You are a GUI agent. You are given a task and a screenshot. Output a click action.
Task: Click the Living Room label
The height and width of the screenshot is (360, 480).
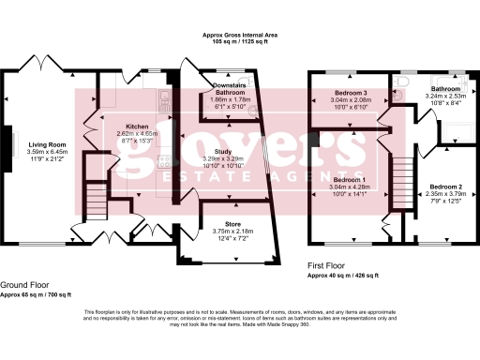[44, 143]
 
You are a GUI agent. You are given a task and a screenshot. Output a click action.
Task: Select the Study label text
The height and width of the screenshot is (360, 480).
[222, 151]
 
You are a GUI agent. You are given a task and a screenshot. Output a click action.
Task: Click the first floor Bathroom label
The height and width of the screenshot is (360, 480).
[444, 89]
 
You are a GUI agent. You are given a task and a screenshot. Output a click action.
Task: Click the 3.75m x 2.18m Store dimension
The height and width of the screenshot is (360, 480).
[219, 232]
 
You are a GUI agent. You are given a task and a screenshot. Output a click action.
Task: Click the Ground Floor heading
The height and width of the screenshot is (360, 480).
[25, 284]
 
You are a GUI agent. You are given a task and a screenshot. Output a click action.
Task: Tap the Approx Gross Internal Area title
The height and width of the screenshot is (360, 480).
[240, 35]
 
